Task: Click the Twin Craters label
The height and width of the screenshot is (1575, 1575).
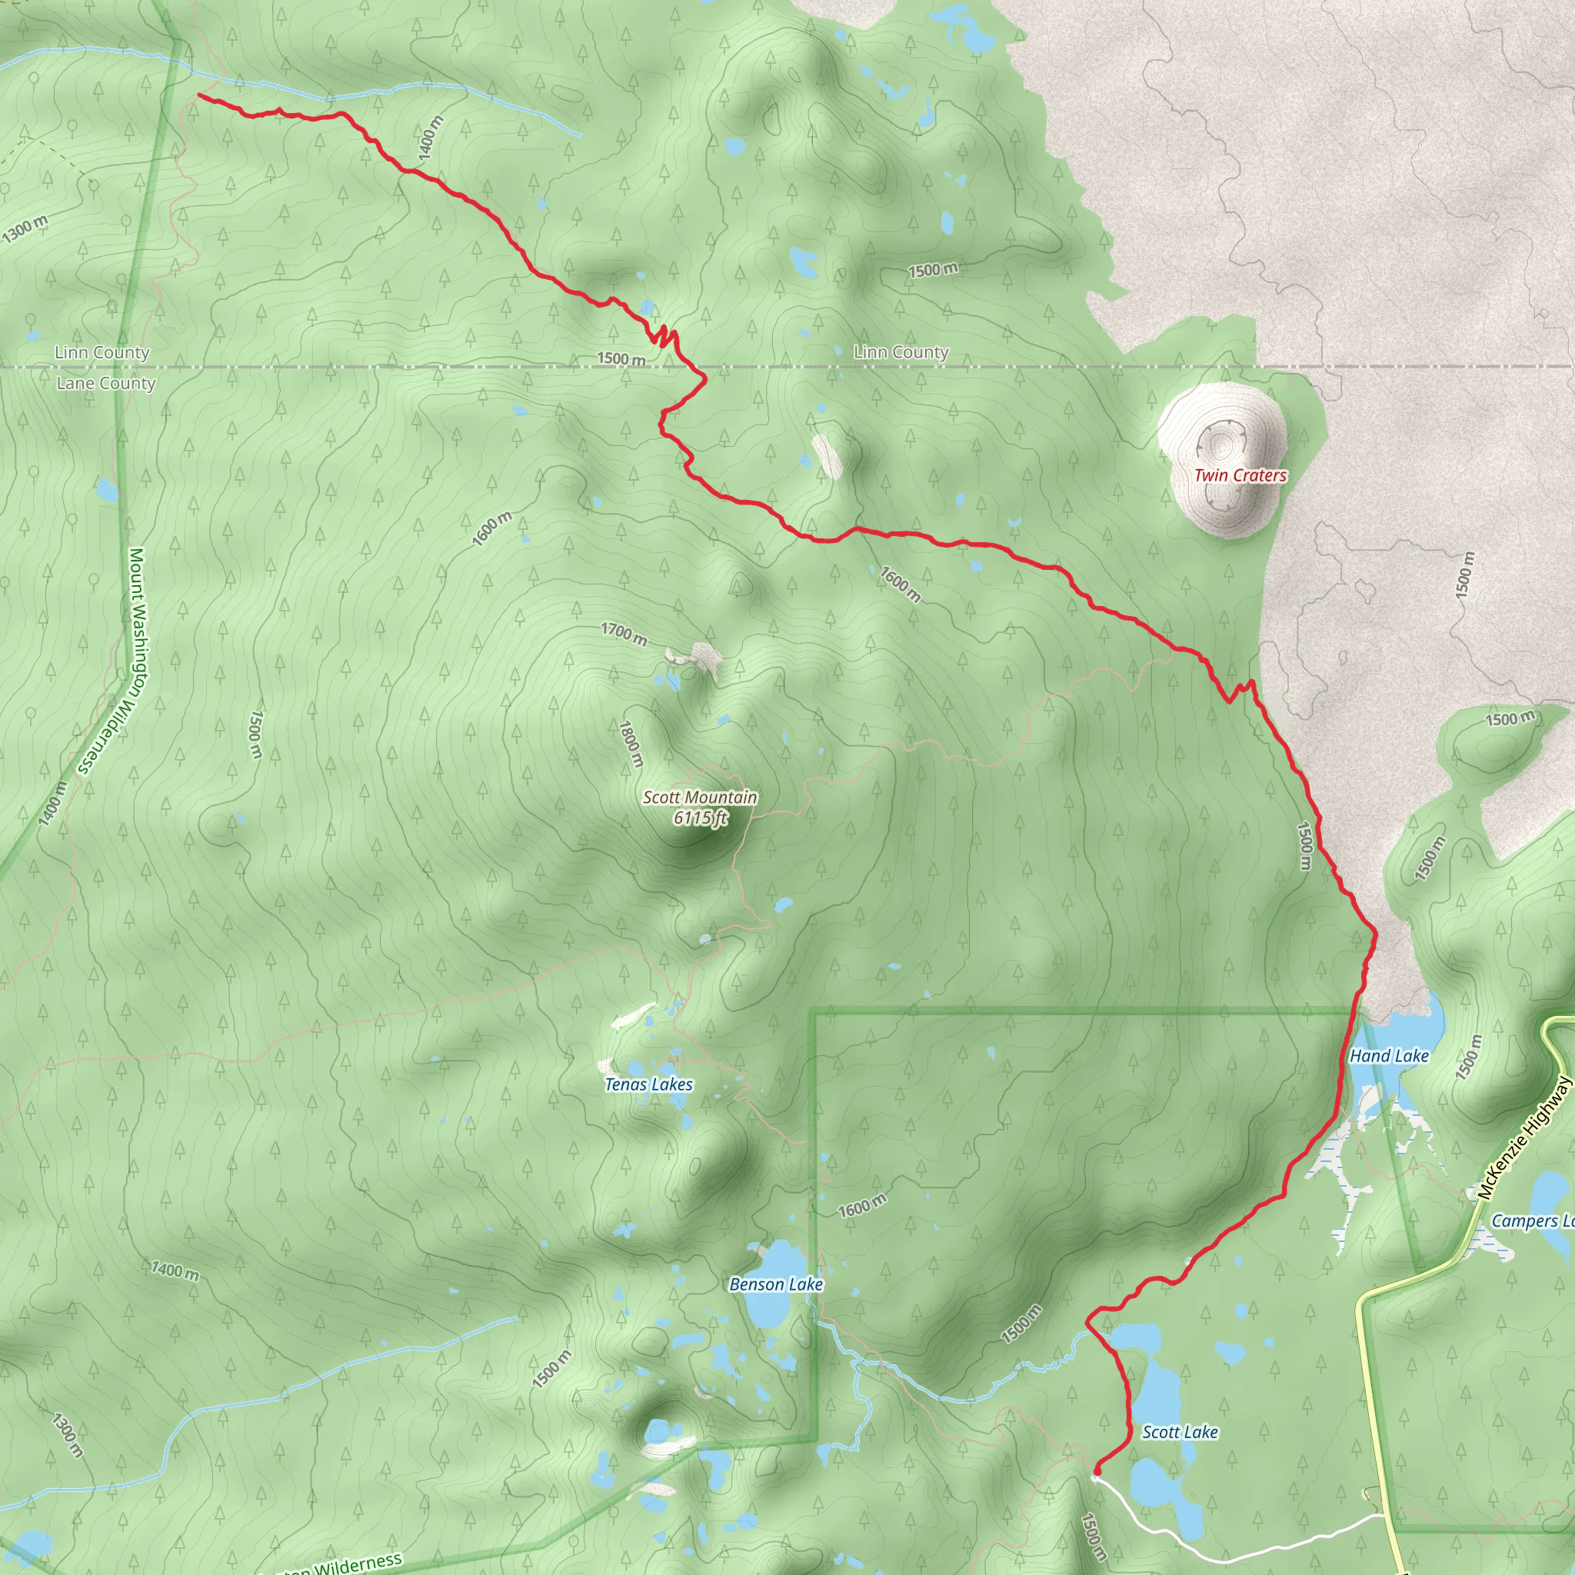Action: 1240,475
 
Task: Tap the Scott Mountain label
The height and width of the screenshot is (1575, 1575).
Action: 700,797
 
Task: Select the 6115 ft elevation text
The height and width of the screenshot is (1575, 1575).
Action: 700,817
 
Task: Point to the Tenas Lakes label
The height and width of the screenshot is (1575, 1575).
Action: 649,1084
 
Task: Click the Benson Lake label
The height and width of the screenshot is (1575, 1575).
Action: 776,1284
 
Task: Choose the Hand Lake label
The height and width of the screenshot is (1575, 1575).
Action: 1389,1056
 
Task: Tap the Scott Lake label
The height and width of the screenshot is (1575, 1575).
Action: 1180,1431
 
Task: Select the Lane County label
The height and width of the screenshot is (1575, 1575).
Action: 106,383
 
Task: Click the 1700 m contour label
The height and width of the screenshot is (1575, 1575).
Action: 624,634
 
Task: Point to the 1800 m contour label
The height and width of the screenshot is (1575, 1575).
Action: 631,744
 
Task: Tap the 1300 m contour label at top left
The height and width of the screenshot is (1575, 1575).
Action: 25,229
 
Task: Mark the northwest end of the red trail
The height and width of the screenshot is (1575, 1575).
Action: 200,96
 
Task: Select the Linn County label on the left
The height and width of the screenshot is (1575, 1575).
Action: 102,352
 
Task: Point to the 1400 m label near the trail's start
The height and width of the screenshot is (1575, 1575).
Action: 431,136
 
